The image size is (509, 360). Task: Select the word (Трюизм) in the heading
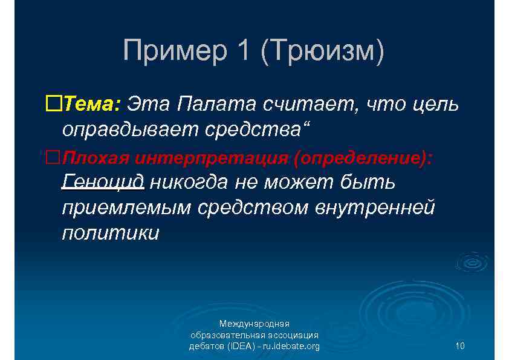(321, 51)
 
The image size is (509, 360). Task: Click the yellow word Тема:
(92, 105)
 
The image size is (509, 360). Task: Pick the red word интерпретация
(211, 159)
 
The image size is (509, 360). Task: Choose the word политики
(111, 234)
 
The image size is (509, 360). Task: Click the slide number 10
(459, 346)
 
